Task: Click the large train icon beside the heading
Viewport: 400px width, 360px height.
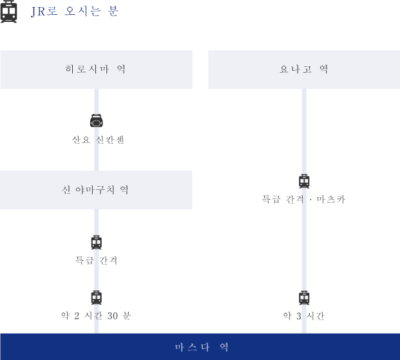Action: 8,12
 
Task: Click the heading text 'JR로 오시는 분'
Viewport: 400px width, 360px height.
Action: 75,11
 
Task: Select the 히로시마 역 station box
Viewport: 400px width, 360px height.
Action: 96,70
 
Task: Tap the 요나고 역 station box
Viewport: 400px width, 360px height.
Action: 304,70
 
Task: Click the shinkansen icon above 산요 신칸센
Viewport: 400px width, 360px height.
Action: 97,120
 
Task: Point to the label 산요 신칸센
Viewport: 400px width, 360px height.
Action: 98,140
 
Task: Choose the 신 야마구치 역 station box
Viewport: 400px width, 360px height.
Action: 96,190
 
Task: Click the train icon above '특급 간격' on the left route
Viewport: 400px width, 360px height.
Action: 97,242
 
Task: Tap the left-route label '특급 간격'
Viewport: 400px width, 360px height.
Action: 96,260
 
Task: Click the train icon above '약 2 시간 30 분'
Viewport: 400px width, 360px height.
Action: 97,298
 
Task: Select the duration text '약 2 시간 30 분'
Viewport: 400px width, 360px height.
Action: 96,316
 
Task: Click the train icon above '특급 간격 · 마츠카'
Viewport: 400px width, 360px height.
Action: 304,181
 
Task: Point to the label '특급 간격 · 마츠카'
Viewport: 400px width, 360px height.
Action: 303,199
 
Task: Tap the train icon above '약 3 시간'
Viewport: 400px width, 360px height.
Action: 304,298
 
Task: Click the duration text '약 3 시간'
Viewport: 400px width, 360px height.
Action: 304,316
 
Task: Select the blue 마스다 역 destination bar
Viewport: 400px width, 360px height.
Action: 200,346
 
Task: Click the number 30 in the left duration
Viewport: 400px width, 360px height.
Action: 113,316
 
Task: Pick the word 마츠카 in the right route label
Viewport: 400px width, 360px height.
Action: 331,199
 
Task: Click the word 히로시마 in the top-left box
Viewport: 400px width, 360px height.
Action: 88,69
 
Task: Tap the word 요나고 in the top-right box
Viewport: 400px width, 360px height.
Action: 296,69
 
